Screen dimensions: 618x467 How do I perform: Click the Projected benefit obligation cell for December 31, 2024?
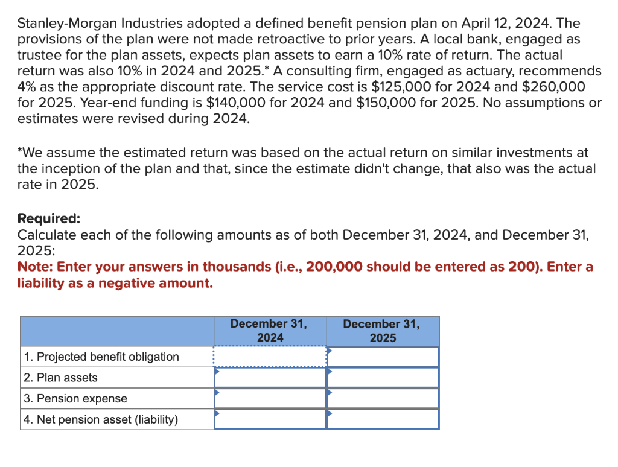click(270, 357)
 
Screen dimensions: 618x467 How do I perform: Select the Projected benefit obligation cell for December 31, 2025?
click(383, 357)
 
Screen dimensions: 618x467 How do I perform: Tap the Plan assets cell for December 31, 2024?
click(270, 378)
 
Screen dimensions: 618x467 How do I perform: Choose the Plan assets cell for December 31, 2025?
click(383, 378)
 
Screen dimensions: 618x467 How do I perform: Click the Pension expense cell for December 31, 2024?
click(270, 398)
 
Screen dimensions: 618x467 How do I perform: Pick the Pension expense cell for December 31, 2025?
click(383, 398)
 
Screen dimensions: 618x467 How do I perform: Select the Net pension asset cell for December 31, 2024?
click(270, 419)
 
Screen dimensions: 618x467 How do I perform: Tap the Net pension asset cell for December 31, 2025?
click(383, 419)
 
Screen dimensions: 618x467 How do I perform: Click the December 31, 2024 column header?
click(269, 331)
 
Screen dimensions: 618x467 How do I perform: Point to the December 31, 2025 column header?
click(381, 331)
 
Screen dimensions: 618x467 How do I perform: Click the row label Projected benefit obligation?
click(101, 357)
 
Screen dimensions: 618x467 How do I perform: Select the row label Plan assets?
click(60, 378)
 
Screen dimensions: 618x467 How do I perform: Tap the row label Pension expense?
click(75, 398)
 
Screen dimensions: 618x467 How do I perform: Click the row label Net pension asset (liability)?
click(101, 419)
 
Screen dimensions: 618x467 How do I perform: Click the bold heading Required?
click(49, 218)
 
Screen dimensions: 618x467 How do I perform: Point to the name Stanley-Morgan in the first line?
click(68, 24)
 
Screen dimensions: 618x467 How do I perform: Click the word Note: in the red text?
click(36, 267)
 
